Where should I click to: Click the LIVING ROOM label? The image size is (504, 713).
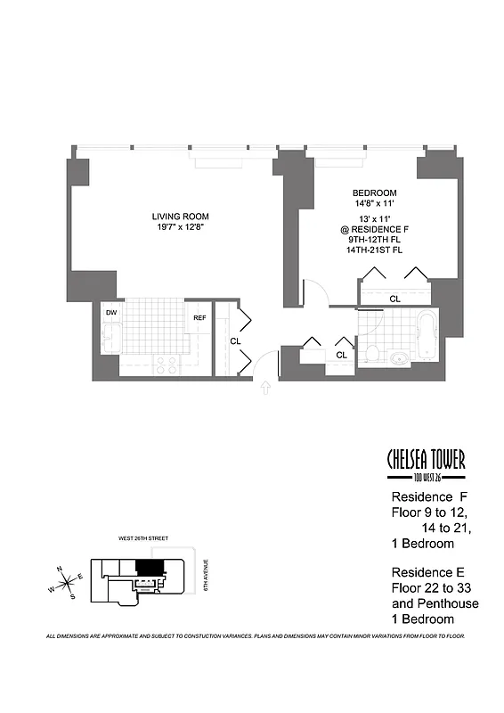coord(180,217)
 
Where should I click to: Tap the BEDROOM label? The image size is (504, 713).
coord(374,193)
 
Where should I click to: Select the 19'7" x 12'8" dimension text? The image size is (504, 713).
coord(180,228)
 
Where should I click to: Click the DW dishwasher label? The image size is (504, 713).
coord(111,313)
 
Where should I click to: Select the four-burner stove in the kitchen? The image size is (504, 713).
coord(167,364)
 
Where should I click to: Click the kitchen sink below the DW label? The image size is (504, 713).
coord(111,339)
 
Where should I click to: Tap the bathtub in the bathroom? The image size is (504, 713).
coord(427,336)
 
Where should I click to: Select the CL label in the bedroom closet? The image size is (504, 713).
coord(394,299)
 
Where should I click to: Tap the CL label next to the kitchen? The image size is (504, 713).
coord(235,340)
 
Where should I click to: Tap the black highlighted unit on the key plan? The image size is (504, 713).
coord(150,567)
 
